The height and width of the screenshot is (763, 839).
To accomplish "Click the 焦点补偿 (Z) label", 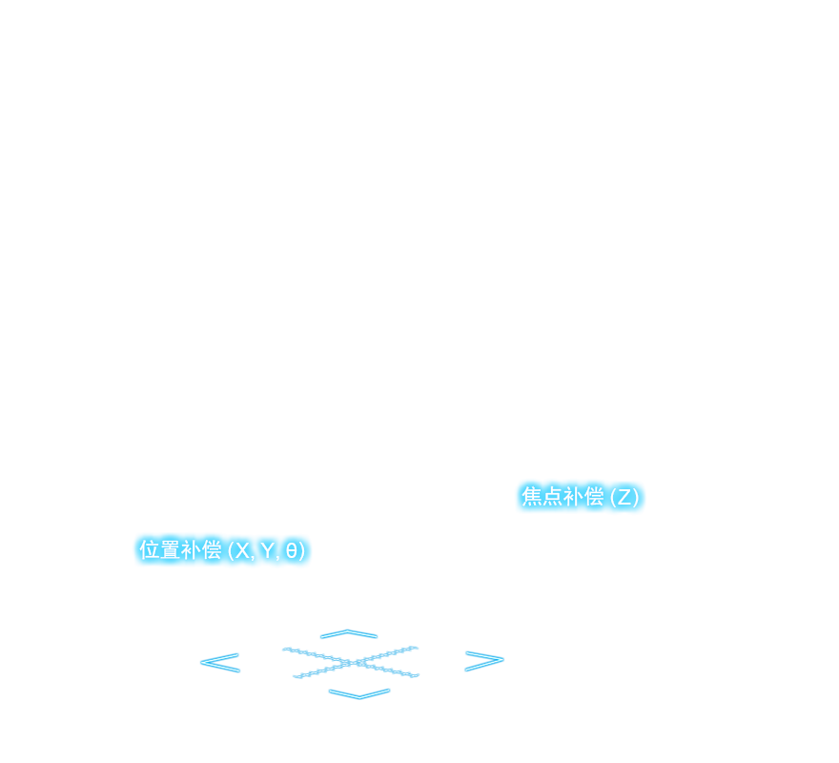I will pos(580,497).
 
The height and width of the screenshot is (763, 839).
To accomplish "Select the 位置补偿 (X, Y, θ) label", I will pos(222,550).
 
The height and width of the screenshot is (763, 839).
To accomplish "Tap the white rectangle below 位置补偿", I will pos(229,602).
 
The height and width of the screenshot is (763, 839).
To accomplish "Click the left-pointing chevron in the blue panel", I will pos(219,662).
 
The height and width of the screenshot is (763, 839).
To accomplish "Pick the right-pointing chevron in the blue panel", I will pos(483,661).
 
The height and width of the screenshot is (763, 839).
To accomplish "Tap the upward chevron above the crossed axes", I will pos(349,633).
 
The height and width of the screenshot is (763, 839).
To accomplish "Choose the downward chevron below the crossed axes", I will pos(359,693).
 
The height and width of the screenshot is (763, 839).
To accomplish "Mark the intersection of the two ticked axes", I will pos(354,662).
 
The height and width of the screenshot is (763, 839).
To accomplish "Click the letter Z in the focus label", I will pos(624,497).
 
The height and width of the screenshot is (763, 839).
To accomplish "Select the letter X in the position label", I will pos(243,550).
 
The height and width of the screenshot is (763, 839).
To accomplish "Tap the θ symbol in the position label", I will pos(291,550).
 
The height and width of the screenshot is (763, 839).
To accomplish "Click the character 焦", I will pos(531,497).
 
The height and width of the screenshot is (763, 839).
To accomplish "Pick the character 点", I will pos(552,497).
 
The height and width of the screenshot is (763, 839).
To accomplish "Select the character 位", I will pos(150,550).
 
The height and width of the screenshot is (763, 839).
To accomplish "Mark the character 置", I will pos(171,550).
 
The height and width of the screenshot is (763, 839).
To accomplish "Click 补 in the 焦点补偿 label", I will pos(573,497).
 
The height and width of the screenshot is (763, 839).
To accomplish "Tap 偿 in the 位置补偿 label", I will pos(212,550).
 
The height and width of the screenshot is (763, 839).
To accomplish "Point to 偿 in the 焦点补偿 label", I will pos(594,497).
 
